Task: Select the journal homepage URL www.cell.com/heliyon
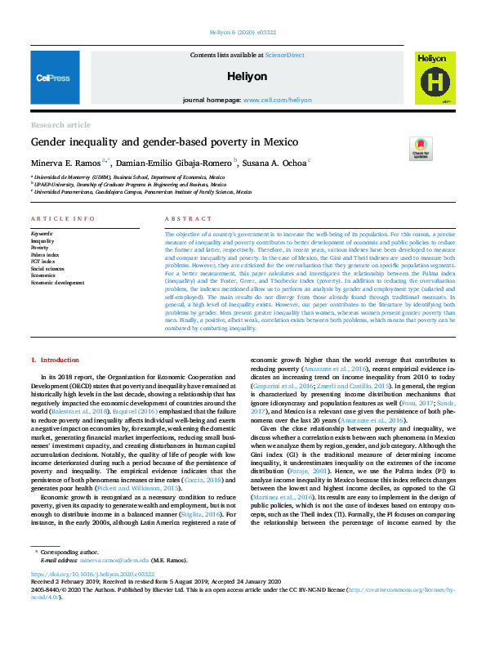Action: (x=277, y=99)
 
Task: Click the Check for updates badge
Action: (x=420, y=149)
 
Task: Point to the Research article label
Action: (x=60, y=124)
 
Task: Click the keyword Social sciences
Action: (x=47, y=268)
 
